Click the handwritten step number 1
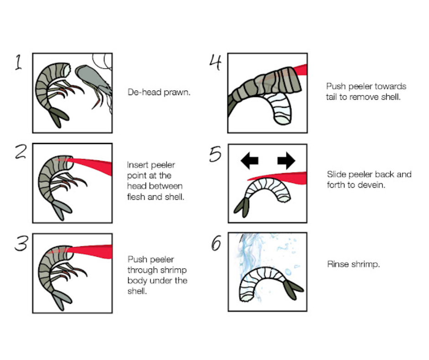(18, 62)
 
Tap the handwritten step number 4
(215, 62)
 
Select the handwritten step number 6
(216, 243)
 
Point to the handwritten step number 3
(21, 243)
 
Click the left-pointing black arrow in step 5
(249, 160)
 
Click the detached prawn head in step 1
(94, 82)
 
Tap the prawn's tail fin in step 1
(58, 117)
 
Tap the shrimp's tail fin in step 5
(242, 207)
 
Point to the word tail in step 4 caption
(331, 97)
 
